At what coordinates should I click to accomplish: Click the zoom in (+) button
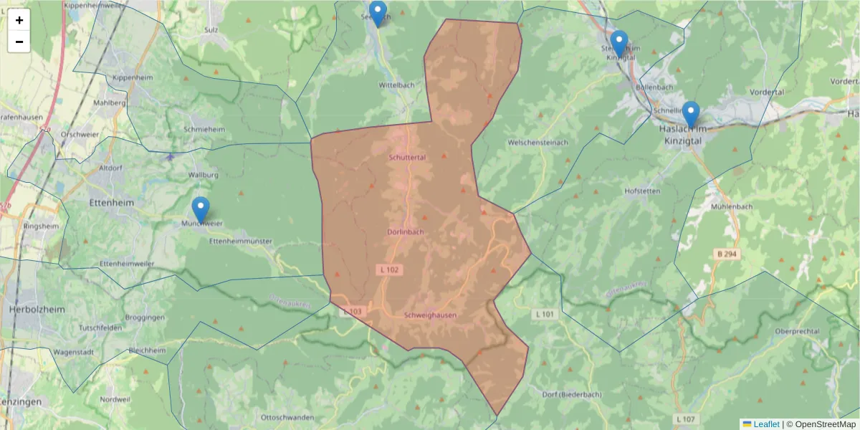coord(19,20)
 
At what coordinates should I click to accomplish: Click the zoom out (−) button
coord(19,42)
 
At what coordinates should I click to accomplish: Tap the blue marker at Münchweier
coord(201,210)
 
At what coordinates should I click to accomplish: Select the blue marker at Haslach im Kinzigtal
coord(690,115)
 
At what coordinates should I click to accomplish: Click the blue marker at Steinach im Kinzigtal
coord(619,44)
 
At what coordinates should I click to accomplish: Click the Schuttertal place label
coord(407,157)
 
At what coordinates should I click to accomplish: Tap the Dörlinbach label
coord(406,232)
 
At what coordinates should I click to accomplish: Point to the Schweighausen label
coord(430,315)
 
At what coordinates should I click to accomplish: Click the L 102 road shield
coord(388,269)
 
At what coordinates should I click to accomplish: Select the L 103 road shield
coord(353,312)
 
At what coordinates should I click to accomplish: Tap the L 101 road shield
coord(545,314)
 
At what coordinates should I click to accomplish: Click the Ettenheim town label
coord(108,203)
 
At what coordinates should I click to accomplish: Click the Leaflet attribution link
coord(766,424)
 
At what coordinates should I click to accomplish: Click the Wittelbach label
coord(397,85)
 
